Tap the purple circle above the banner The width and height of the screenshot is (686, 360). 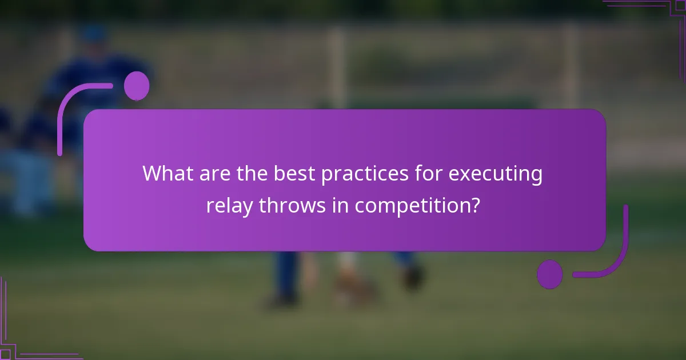coord(137,86)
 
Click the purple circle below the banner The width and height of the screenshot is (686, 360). coord(549,274)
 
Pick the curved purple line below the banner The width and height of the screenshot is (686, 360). coord(617,257)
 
